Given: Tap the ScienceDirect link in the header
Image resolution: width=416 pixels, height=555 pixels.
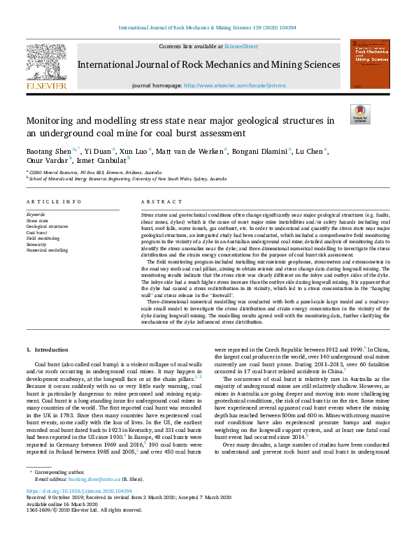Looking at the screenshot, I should pyautogui.click(x=240, y=46).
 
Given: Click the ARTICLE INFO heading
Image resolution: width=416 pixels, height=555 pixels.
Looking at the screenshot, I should pyautogui.click(x=50, y=201).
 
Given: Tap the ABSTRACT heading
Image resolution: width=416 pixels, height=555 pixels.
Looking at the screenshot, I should pyautogui.click(x=157, y=201).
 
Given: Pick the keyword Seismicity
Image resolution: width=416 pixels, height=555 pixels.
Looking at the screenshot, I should pyautogui.click(x=37, y=244).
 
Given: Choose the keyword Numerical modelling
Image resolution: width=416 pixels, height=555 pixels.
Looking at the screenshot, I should pyautogui.click(x=47, y=250).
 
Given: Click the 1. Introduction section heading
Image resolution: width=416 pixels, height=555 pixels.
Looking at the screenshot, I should pyautogui.click(x=48, y=348).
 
